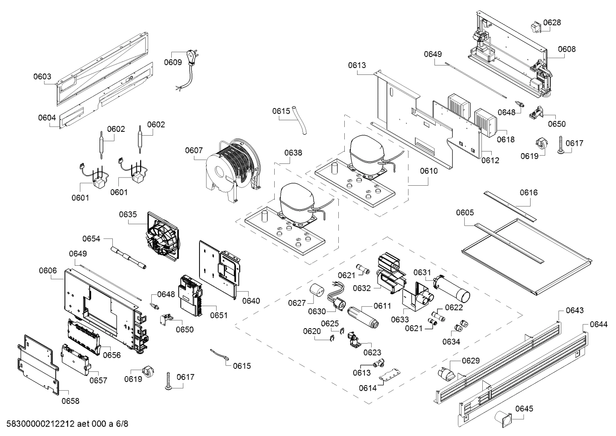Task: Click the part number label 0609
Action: [173, 62]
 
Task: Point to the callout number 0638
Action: [293, 153]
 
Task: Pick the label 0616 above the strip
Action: [528, 193]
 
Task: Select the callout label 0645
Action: [524, 409]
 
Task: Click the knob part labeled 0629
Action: [446, 374]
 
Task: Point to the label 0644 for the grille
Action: [598, 324]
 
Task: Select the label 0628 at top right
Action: [552, 22]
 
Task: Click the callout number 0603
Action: [42, 77]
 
